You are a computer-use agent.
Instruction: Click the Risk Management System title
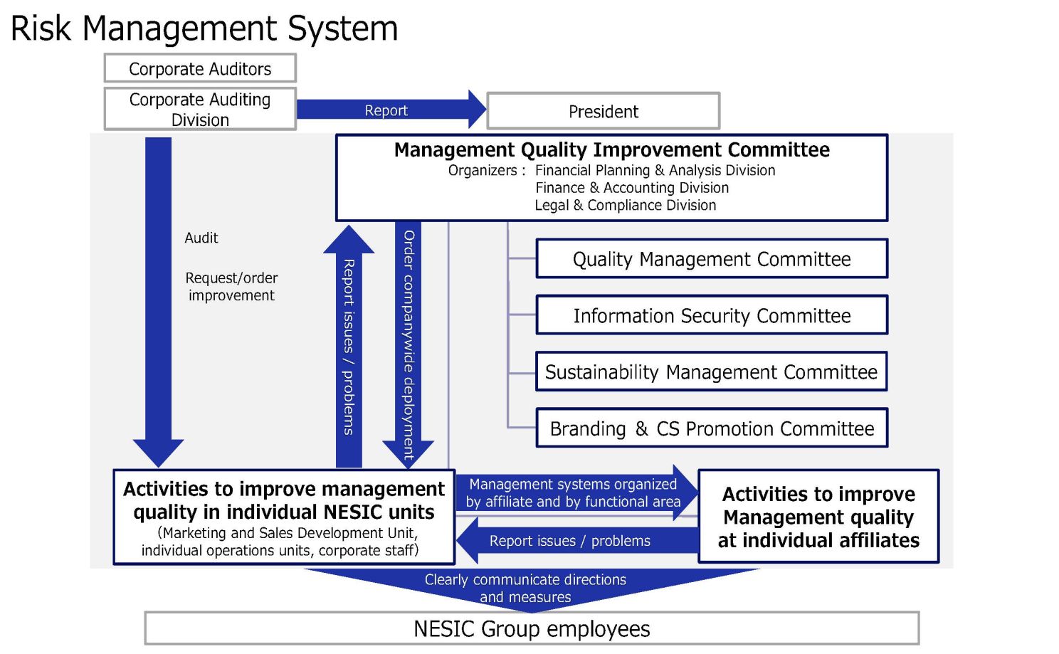204,28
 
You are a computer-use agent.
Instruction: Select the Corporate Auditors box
201,68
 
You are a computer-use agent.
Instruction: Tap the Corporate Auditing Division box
201,109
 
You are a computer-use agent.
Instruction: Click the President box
604,111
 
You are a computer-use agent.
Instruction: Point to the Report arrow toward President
391,109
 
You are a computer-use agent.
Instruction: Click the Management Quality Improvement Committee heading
612,149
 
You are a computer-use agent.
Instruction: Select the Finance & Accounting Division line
632,188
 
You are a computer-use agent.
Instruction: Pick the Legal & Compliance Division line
626,205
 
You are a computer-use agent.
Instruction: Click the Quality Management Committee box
712,258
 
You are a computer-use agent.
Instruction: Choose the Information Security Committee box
712,315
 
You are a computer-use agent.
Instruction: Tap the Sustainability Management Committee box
712,371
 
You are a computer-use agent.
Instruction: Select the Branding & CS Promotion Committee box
712,428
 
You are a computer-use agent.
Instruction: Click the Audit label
201,238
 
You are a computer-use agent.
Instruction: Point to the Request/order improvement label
231,287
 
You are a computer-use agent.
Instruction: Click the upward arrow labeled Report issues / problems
349,347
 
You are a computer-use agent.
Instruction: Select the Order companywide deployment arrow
408,345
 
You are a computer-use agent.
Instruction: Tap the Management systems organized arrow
577,492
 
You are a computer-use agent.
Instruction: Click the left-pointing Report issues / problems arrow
577,541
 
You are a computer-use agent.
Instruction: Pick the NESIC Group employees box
532,628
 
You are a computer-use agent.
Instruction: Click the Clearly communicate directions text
525,580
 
